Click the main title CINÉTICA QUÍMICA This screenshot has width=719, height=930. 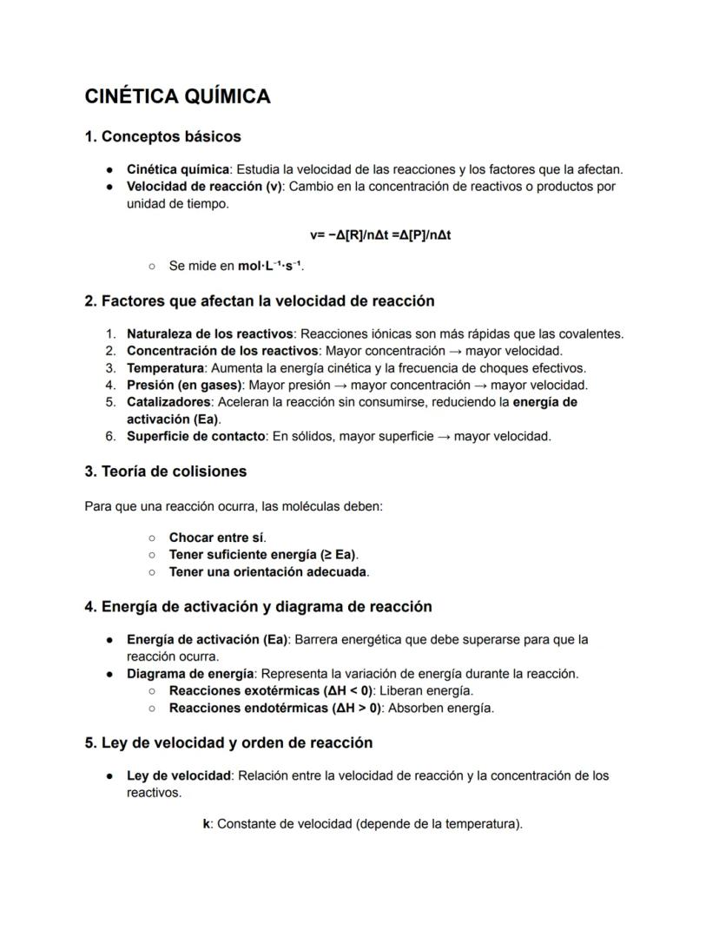click(177, 96)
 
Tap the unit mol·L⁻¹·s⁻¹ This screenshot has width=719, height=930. click(270, 266)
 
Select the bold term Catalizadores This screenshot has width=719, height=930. click(168, 402)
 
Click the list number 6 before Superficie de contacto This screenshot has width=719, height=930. click(110, 436)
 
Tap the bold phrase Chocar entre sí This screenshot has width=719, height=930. click(216, 538)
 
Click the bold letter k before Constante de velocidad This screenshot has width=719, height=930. click(207, 824)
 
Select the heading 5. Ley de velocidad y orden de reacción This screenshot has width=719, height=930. click(228, 742)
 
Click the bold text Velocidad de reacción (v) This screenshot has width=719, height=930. click(204, 187)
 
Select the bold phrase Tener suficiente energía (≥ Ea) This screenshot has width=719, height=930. click(262, 554)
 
